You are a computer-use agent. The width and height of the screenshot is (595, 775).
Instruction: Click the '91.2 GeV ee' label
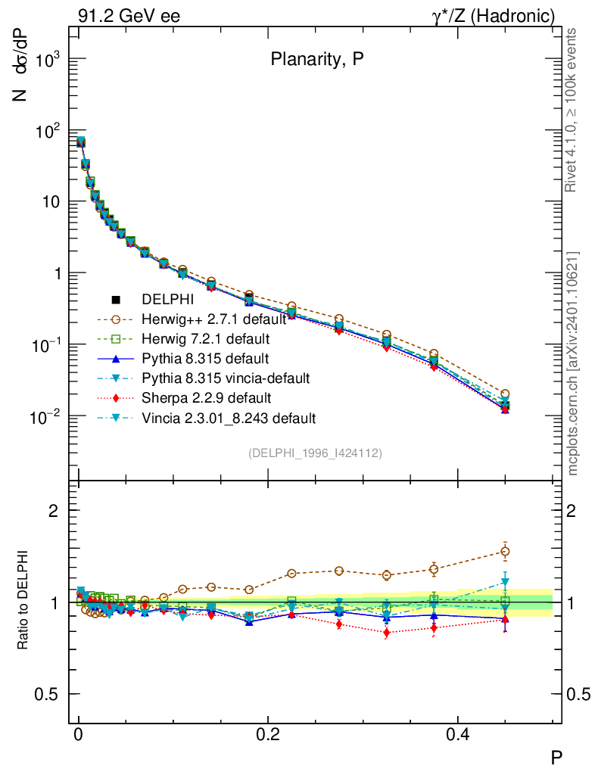(129, 15)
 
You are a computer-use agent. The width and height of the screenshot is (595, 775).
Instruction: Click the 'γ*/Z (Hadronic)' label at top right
(494, 15)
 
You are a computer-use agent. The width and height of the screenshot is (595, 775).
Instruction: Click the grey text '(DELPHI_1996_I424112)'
(314, 453)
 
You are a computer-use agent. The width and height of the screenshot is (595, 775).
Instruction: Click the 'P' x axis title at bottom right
(556, 757)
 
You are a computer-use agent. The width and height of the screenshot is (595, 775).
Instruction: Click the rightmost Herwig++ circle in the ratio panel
(505, 551)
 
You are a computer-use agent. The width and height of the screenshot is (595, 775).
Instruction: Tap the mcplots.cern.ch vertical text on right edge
(574, 363)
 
